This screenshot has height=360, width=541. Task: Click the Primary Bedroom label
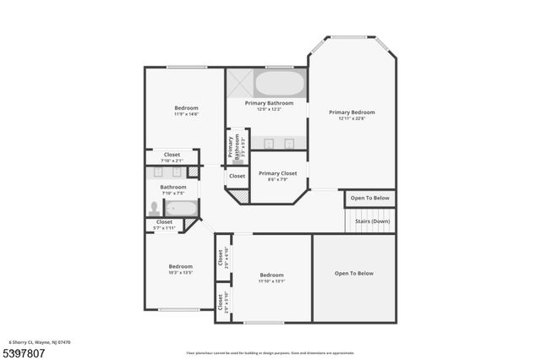point(352,112)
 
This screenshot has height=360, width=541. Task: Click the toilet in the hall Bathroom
point(155,207)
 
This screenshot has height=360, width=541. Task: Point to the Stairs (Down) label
point(372,221)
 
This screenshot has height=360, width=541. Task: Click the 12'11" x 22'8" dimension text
point(352,118)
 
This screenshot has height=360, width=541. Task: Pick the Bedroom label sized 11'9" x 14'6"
point(186,107)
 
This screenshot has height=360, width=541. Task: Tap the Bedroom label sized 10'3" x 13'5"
point(180,266)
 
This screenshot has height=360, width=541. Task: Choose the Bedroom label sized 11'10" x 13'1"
point(271,275)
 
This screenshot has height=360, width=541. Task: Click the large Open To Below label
point(353,273)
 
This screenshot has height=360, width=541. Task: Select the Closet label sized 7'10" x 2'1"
point(172,155)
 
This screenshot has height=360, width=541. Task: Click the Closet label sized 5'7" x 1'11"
point(164,222)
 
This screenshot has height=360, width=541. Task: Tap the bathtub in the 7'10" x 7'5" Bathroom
point(180,208)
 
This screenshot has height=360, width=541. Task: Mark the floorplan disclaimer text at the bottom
point(270,352)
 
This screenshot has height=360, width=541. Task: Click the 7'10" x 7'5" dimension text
point(173,193)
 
